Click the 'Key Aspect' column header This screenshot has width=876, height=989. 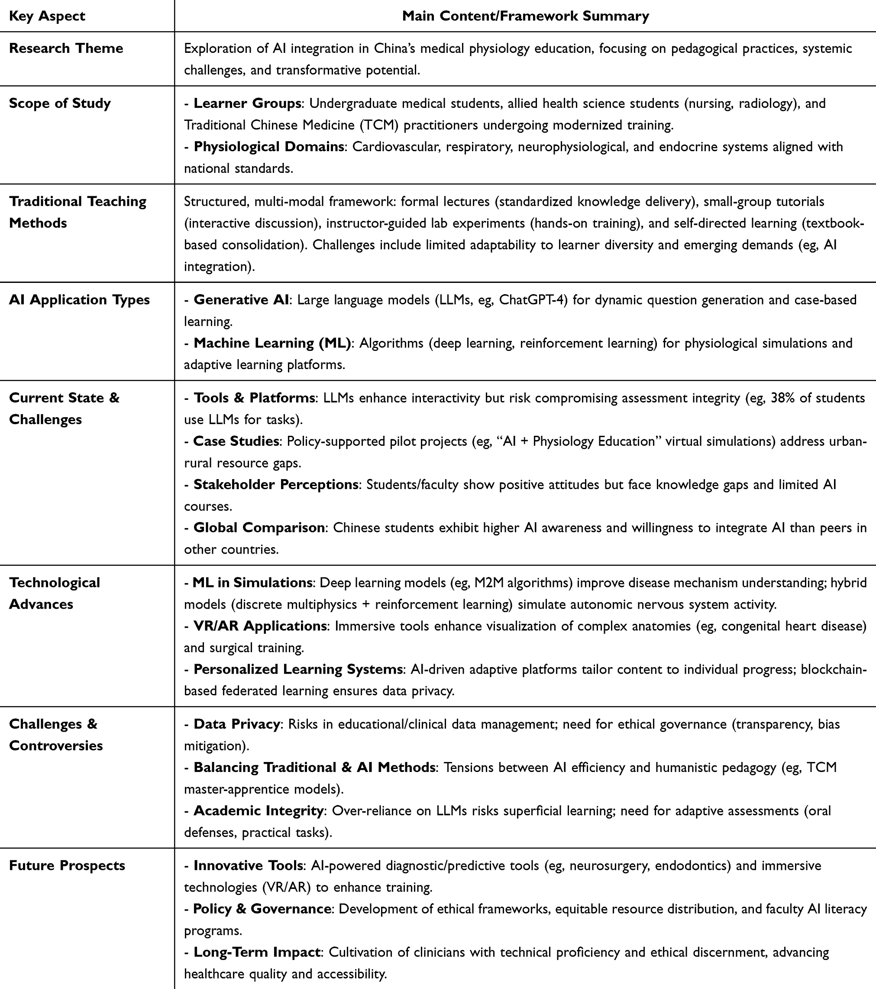tap(47, 16)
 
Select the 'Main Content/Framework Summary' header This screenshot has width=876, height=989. tap(525, 16)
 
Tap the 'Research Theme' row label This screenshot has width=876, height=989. tap(66, 49)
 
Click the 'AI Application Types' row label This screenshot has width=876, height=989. tap(79, 299)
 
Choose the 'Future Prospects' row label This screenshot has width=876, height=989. tap(67, 865)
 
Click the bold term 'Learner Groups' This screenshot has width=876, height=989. tap(247, 103)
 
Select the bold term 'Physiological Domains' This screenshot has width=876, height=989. tap(269, 146)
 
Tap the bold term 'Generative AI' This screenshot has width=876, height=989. tap(241, 299)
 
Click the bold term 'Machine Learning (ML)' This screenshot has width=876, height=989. tap(272, 343)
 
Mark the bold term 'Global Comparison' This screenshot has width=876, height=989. tap(259, 527)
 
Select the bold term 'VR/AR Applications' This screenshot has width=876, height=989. tap(260, 626)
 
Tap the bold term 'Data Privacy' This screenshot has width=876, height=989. tap(236, 724)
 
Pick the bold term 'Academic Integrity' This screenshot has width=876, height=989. tap(259, 811)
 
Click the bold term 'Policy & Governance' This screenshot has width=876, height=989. tap(262, 909)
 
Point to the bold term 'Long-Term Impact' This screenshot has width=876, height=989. tap(257, 952)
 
